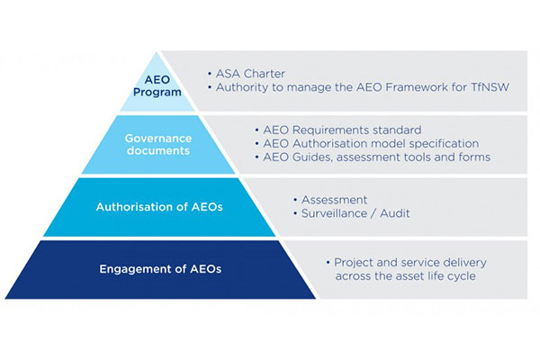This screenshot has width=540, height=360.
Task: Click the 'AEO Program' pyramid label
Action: (157, 85)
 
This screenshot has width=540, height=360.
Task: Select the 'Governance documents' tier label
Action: (158, 144)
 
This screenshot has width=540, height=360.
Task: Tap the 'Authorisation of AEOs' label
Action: (159, 207)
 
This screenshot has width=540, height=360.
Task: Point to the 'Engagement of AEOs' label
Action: (160, 269)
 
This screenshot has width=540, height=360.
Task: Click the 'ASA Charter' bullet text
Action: (250, 74)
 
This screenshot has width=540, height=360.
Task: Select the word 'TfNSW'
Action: (490, 87)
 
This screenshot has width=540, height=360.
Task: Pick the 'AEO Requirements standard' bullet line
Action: (342, 130)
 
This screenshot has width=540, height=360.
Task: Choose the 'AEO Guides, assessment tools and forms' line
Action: (376, 157)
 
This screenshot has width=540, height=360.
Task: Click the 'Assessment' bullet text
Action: (334, 200)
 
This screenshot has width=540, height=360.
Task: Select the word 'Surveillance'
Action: (334, 213)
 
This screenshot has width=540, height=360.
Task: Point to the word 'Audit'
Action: (395, 213)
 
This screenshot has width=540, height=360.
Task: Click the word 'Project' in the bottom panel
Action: (354, 263)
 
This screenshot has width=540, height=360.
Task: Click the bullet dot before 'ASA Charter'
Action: (210, 74)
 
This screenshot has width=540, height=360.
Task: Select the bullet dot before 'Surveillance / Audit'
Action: (295, 213)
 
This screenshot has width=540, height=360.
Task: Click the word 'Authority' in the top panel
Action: (242, 87)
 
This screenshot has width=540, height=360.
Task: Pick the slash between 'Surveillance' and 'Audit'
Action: (373, 213)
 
